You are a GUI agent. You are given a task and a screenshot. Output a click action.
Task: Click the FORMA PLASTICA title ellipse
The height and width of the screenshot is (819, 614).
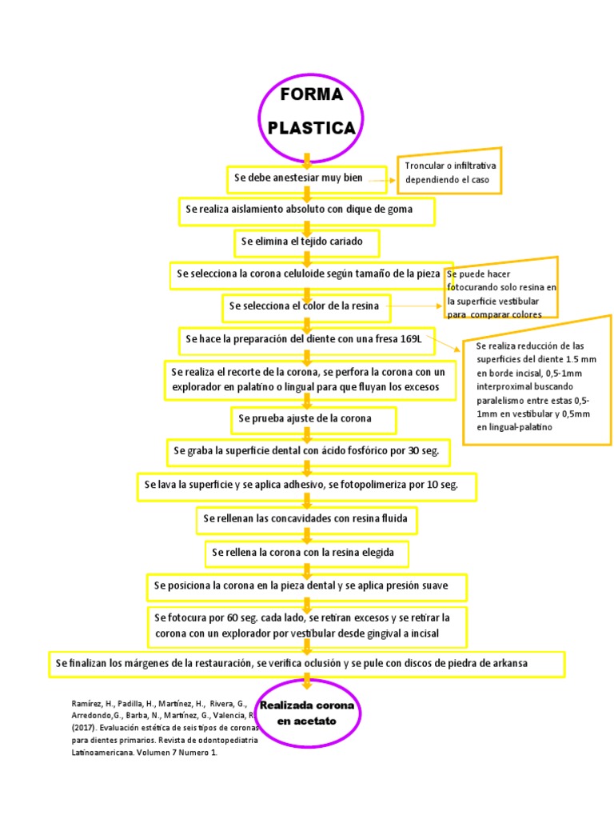(311, 112)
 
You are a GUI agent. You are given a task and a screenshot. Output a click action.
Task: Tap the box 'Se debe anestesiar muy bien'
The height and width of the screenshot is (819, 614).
(307, 179)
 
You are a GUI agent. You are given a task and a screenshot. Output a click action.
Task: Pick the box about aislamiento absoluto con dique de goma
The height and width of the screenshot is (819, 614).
(306, 211)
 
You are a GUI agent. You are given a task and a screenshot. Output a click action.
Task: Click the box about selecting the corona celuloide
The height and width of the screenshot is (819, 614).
(311, 274)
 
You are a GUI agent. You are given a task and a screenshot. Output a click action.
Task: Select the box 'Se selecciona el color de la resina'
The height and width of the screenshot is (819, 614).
(306, 306)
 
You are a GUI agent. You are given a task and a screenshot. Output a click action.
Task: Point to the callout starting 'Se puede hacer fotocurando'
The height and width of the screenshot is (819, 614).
(501, 290)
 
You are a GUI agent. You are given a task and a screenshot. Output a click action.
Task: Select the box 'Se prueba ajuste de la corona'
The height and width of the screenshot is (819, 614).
(306, 418)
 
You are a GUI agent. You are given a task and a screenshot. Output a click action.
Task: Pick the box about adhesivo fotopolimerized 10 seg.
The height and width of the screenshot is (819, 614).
(307, 485)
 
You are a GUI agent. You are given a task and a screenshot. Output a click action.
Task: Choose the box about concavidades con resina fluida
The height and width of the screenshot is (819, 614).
(306, 519)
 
